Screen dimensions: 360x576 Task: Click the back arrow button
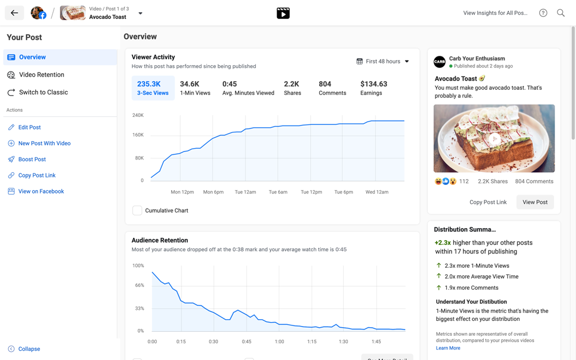point(14,13)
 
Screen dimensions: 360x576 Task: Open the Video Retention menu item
point(41,75)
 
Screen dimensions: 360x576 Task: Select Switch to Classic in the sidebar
point(43,92)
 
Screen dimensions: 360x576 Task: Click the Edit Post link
point(29,127)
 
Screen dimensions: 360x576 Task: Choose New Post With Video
point(44,143)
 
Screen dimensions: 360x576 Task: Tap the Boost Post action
point(32,160)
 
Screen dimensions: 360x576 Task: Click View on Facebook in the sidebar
point(41,191)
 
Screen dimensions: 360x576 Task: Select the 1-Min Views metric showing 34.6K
point(195,88)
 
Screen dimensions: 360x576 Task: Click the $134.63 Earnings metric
point(373,88)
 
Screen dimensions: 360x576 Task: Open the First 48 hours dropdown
point(383,61)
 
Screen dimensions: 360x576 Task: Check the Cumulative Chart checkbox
point(137,210)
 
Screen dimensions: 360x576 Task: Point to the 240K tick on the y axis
point(138,115)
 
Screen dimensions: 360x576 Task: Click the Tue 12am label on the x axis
point(245,192)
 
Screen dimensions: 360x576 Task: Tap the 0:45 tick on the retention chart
point(247,342)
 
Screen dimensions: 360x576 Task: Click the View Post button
point(535,202)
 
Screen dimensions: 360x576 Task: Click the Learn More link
point(448,348)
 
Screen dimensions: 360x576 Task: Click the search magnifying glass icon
point(560,13)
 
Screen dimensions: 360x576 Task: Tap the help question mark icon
point(543,13)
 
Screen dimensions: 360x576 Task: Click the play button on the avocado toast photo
point(494,138)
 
